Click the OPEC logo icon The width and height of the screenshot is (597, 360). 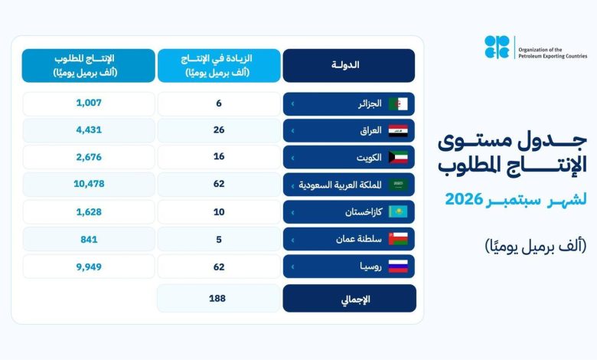(497, 47)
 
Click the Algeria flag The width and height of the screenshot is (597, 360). (398, 103)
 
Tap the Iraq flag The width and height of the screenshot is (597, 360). (398, 131)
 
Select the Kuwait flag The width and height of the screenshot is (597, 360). (398, 157)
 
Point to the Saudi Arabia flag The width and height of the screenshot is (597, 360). (398, 185)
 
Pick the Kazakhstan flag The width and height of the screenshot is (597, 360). (398, 212)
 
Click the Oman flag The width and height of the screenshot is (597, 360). (398, 239)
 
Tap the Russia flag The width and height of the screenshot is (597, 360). (398, 267)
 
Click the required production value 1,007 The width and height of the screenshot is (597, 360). (89, 103)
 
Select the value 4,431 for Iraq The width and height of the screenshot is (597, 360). (89, 130)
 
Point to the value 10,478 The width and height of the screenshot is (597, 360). (89, 184)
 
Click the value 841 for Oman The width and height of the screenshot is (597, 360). (89, 240)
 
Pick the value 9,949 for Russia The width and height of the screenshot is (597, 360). (89, 267)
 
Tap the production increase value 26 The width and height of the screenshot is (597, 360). (219, 130)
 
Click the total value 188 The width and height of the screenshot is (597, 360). (217, 298)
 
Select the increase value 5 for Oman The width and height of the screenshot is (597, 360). (219, 240)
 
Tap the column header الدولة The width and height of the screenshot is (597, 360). (345, 65)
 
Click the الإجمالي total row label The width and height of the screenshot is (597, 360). (356, 299)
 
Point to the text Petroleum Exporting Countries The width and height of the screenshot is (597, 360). (553, 56)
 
